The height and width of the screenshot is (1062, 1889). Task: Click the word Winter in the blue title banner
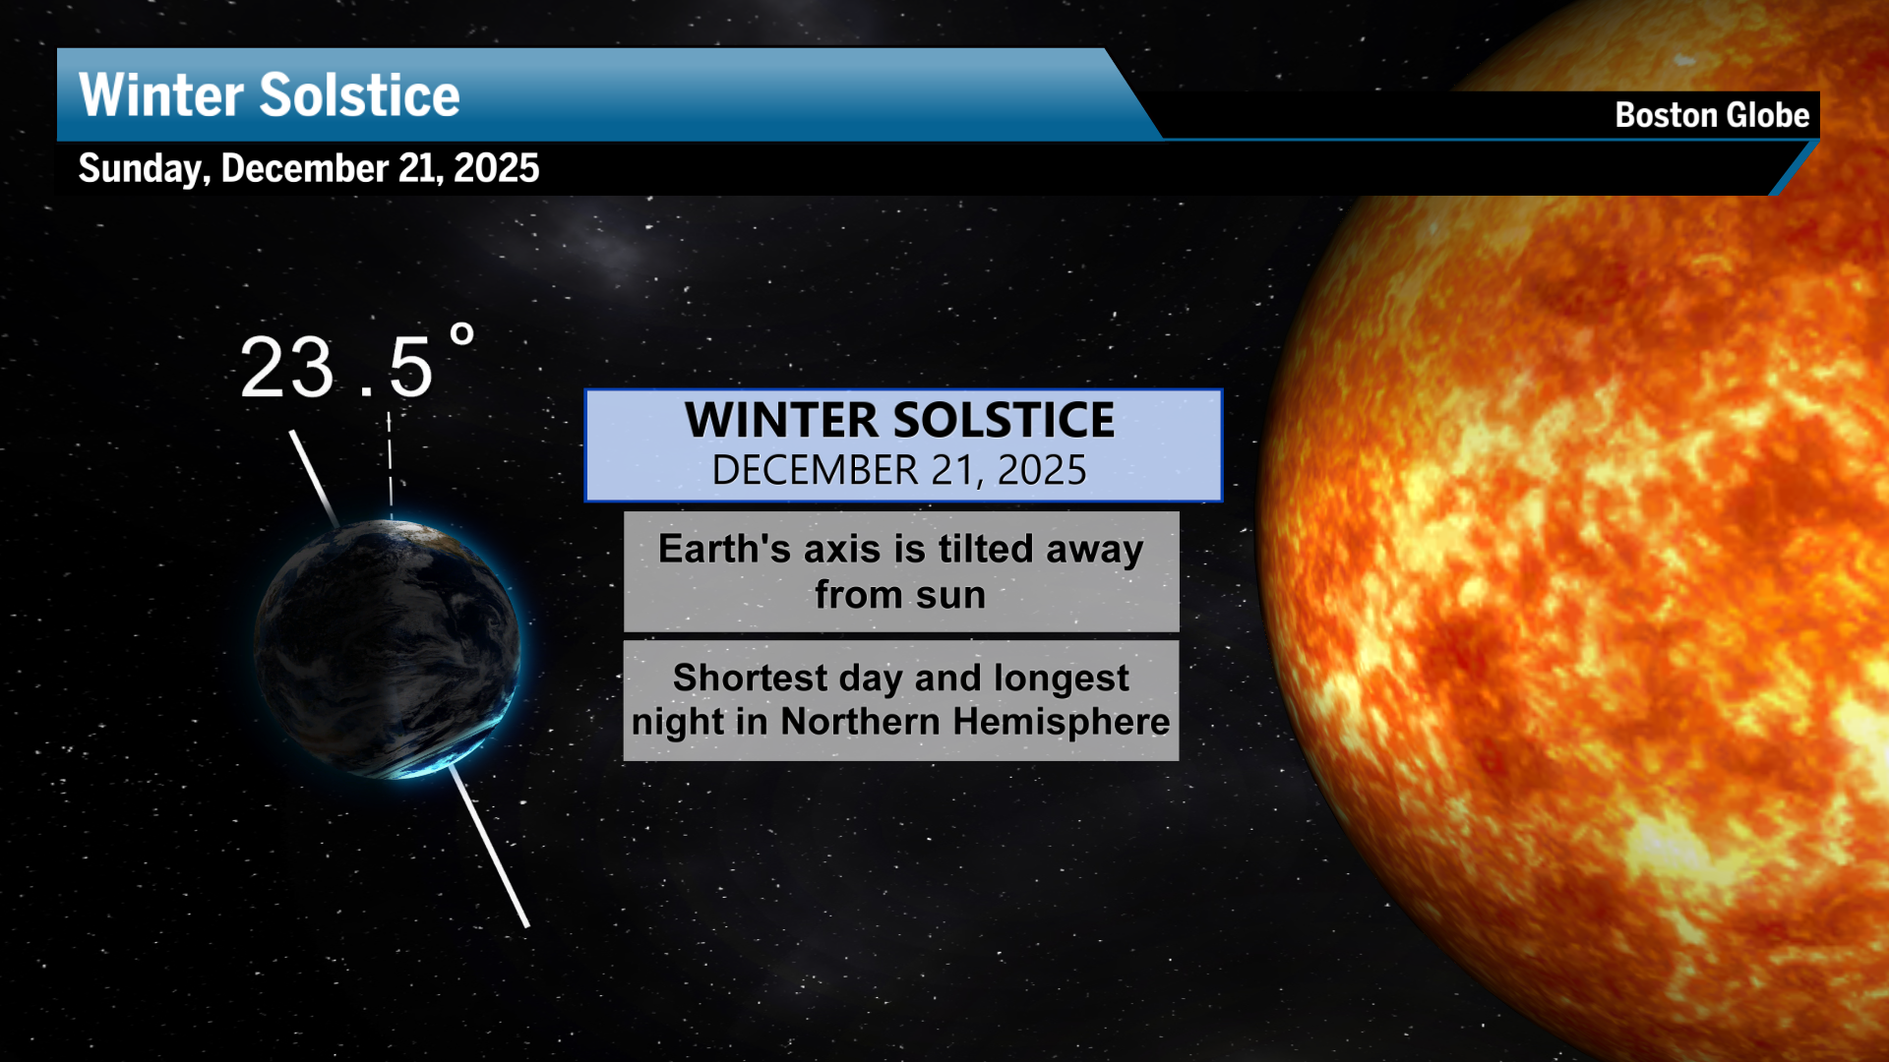161,95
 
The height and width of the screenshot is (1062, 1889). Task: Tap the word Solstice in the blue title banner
360,95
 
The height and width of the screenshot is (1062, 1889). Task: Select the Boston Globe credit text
1712,115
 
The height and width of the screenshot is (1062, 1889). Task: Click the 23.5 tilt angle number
336,368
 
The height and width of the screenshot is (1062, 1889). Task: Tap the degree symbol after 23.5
462,336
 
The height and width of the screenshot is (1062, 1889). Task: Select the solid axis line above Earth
314,478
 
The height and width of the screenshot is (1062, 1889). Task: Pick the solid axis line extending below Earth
489,847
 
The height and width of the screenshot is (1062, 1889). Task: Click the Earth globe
388,649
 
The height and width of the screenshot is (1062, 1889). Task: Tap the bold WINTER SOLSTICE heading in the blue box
900,420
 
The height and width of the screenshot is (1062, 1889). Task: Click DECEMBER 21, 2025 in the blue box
899,470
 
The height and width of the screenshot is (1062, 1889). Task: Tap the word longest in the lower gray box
1062,678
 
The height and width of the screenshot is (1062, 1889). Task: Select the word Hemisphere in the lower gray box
1062,722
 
